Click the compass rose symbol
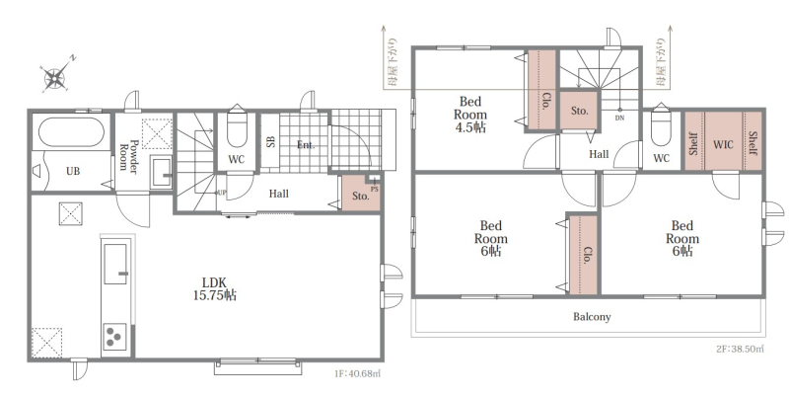click(55, 77)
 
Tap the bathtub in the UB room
click(71, 132)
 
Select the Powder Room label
click(128, 156)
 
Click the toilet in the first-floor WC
click(237, 128)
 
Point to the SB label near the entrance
click(270, 141)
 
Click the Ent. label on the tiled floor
click(306, 145)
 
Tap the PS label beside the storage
click(374, 190)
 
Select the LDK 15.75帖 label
click(215, 288)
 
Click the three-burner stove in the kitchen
click(114, 337)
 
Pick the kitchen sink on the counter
click(115, 264)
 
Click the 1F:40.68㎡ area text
click(357, 373)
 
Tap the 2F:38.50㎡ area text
click(740, 349)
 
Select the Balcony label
click(592, 317)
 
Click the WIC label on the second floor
click(723, 145)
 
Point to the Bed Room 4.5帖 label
click(470, 115)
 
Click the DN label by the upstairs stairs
click(619, 118)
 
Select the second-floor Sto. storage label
click(579, 111)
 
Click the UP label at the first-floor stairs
click(221, 193)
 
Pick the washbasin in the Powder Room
click(162, 173)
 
